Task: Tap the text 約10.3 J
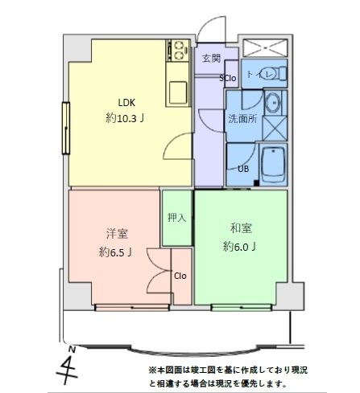tap(126, 118)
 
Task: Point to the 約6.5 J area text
tap(115, 252)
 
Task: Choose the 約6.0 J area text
tap(240, 246)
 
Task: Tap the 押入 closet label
tap(176, 217)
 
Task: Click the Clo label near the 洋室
tap(180, 276)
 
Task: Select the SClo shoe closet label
tap(228, 79)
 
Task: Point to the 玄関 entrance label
tap(211, 59)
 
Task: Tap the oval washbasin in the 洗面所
tap(273, 104)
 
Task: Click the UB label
tap(242, 169)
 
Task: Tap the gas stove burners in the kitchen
tap(177, 52)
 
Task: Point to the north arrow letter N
tap(72, 350)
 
